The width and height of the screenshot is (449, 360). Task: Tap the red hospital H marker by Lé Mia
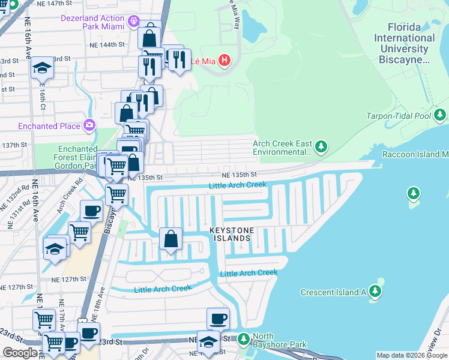(x=224, y=61)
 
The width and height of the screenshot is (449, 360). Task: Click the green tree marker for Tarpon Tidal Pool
(x=441, y=115)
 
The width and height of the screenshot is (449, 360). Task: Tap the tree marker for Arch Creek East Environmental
(x=322, y=146)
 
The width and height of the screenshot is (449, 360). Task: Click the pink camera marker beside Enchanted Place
(x=89, y=125)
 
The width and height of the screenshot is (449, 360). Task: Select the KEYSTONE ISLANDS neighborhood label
(x=232, y=235)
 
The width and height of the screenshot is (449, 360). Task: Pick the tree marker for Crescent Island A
(x=375, y=292)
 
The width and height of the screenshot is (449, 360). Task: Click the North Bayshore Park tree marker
(x=243, y=340)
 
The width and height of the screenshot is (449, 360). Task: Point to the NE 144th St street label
(x=106, y=44)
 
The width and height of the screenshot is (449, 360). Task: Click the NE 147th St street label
(x=106, y=3)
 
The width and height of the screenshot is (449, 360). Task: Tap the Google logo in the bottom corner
(x=20, y=353)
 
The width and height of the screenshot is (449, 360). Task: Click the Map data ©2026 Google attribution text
(x=412, y=355)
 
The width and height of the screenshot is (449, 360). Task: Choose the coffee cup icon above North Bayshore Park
(x=218, y=319)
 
